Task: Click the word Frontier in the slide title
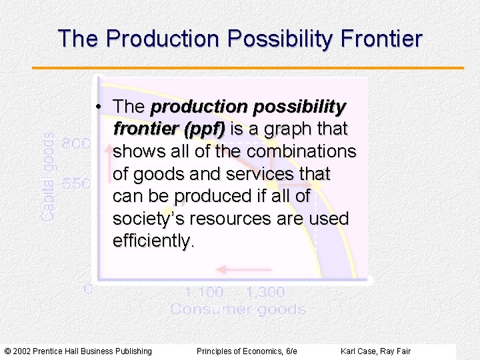pos(381,39)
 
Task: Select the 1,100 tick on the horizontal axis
pos(204,292)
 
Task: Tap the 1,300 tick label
pos(265,292)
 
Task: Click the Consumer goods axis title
pos(238,309)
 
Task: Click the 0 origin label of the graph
pos(87,289)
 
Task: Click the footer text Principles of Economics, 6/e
pos(247,351)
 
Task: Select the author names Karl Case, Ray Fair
pos(375,351)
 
